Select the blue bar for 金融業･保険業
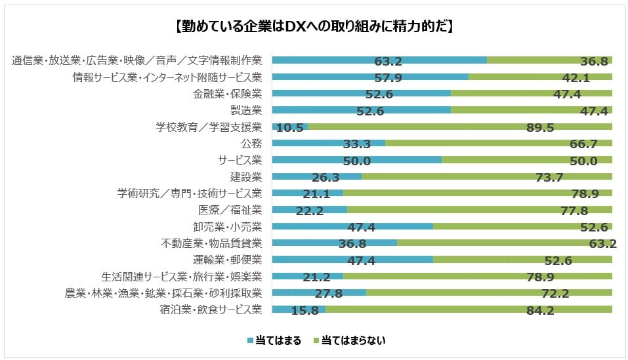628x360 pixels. pyautogui.click(x=361, y=93)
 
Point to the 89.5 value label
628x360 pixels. pyautogui.click(x=540, y=128)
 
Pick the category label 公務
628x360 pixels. pyautogui.click(x=252, y=144)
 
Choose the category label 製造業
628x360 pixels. pyautogui.click(x=246, y=110)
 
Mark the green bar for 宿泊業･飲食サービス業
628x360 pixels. pyautogui.click(x=469, y=309)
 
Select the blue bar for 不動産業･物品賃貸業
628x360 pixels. pyautogui.click(x=334, y=243)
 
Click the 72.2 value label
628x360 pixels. pyautogui.click(x=540, y=294)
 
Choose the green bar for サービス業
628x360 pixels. pyautogui.click(x=527, y=159)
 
